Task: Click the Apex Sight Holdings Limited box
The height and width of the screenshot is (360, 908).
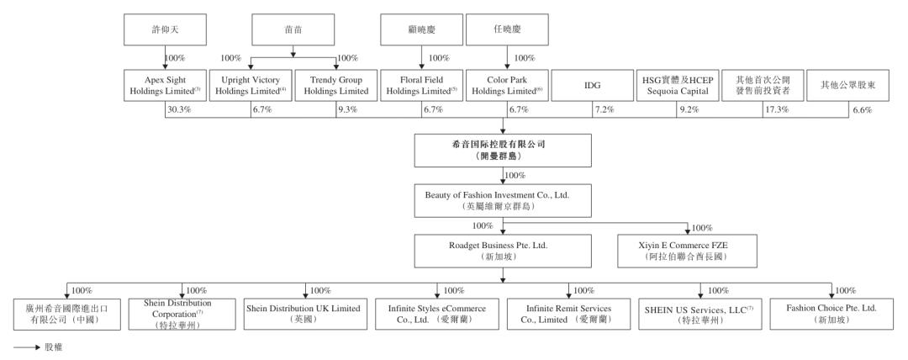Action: pos(165,86)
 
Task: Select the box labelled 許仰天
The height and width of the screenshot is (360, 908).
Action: pos(165,29)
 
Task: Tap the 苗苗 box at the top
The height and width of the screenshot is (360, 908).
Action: pos(293,29)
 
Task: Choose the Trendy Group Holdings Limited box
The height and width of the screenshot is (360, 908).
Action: pos(335,86)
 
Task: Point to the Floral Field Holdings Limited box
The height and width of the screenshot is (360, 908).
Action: pos(421,86)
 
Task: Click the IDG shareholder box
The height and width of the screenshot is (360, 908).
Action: pos(593,86)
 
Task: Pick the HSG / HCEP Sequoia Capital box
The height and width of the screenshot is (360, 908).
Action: pos(678,86)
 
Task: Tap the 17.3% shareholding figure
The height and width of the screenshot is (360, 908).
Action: pos(777,109)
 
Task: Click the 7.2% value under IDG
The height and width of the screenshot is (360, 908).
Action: pos(604,109)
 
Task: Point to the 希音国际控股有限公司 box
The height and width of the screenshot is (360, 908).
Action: pos(503,151)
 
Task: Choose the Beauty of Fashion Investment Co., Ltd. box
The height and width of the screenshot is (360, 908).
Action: pos(503,200)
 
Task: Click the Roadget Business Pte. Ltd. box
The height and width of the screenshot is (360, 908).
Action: pos(503,251)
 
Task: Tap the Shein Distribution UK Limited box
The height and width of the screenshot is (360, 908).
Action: pos(305,315)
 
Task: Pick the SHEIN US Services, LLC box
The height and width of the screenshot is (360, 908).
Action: pos(700,315)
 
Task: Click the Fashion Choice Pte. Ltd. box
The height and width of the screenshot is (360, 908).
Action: pos(831,315)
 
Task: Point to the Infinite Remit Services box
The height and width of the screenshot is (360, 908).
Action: pos(568,315)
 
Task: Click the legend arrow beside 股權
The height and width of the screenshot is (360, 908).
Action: pos(27,348)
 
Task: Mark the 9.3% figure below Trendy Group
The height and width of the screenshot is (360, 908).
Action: pos(347,109)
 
